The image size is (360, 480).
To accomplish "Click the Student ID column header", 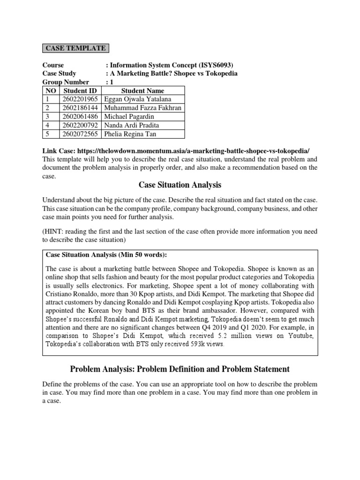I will click(80, 90).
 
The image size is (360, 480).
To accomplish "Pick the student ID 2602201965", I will click(80, 99).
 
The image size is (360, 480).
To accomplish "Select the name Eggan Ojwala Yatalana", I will click(137, 99).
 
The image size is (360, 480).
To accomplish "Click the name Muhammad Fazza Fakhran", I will click(142, 108).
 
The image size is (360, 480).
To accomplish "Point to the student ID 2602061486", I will click(80, 117).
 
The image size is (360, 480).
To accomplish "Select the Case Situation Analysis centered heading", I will click(180, 185).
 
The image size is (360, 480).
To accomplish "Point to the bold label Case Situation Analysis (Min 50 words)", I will click(106, 255).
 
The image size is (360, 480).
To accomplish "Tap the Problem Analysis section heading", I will click(180, 369).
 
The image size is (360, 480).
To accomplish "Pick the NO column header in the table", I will click(51, 90).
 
